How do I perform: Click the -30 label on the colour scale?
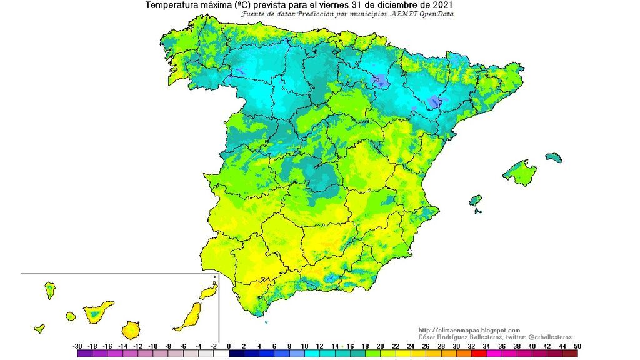point(77,346)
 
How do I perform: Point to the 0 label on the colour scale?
point(229,346)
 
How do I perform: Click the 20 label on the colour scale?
point(380,346)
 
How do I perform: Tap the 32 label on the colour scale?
point(471,346)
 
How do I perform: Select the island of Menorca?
point(554,156)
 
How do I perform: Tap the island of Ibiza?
point(476,201)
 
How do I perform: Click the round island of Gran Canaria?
point(131,329)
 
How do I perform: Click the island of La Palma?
point(49,290)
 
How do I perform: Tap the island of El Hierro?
point(39,327)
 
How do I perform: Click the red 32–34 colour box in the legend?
point(479,354)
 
